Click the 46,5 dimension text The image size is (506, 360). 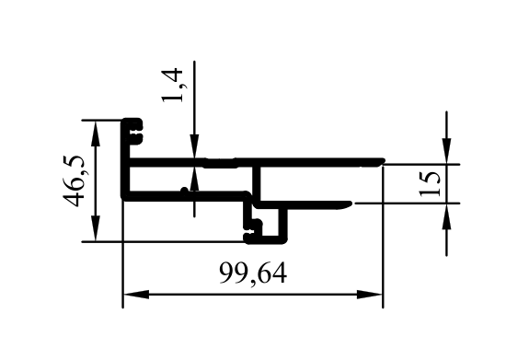75,180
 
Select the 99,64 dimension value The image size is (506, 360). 253,273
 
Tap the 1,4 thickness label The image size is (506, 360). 174,85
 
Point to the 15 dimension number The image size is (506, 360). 430,183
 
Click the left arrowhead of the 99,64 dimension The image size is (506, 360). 136,295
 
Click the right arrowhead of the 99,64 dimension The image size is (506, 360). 370,295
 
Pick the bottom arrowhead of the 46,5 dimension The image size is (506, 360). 96,228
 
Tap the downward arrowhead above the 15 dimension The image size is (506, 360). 446,151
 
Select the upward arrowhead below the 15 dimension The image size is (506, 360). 446,216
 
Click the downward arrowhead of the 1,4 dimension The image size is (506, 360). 194,146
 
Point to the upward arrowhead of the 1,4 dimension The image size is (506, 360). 194,180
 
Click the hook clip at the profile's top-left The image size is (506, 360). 135,131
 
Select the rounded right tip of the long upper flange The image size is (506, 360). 383,161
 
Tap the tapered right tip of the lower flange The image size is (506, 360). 349,204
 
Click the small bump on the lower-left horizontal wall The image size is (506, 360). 184,192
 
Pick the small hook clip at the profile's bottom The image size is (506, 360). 254,230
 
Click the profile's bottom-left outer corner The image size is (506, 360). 122,200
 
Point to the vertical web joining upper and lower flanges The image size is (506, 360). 257,182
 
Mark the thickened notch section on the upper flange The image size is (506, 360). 221,163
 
